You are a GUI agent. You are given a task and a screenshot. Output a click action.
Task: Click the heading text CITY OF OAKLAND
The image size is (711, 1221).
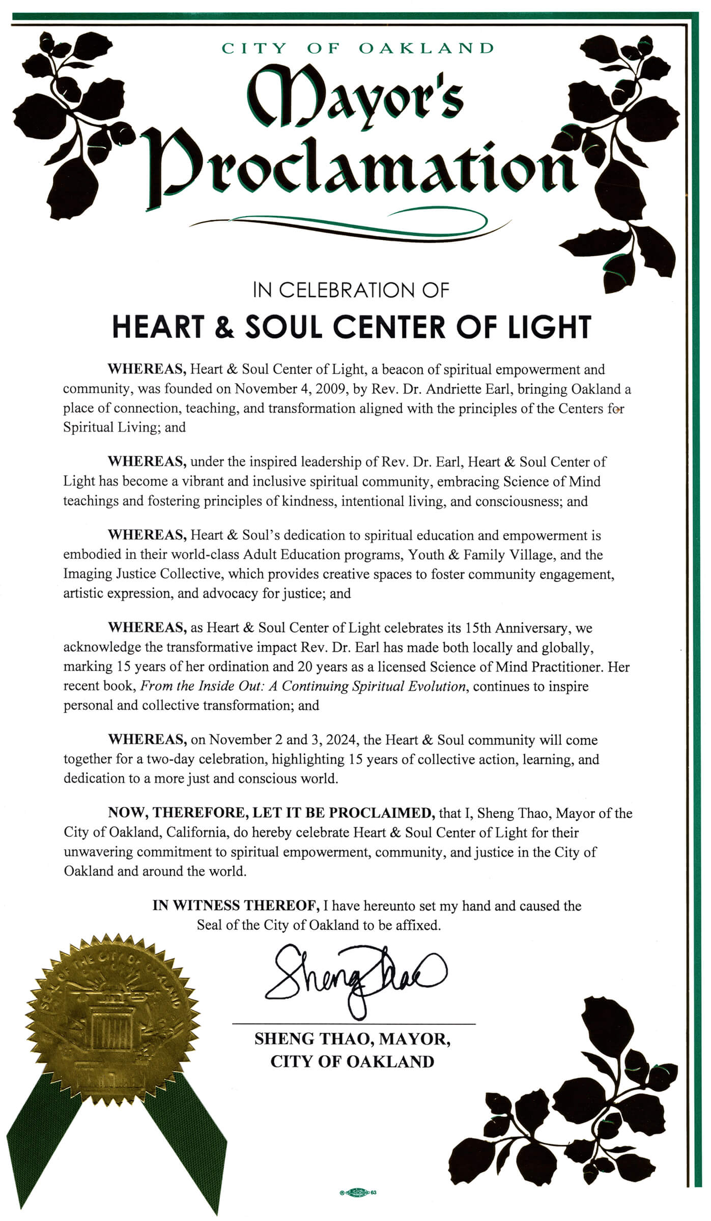(x=358, y=48)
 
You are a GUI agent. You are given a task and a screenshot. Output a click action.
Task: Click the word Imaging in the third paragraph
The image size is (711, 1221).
(x=84, y=574)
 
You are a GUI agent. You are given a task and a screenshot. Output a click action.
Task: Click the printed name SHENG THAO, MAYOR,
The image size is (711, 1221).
(x=352, y=1038)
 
